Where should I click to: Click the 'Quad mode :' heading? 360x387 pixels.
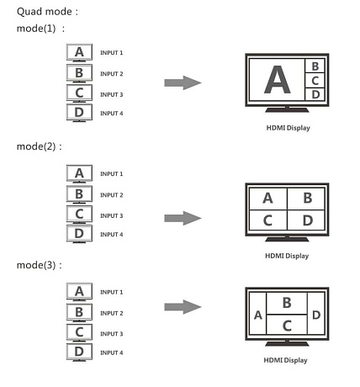coord(47,12)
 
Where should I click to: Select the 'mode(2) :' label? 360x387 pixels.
coord(39,146)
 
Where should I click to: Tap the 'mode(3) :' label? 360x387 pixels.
coord(39,265)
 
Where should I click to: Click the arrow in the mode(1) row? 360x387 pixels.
coord(183,82)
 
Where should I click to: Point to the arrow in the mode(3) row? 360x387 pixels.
coord(183,307)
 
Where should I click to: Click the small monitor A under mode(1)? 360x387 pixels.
coord(79,52)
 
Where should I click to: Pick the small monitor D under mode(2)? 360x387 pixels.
coord(79,234)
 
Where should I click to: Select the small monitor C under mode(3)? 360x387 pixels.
coord(79,332)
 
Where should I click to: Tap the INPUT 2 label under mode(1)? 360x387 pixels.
coord(112,74)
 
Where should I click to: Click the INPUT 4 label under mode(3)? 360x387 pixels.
coord(112,353)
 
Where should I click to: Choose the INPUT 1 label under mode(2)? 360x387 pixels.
coord(112,174)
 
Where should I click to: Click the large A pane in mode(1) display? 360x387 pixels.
coord(277,80)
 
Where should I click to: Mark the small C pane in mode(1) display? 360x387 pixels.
coord(315,81)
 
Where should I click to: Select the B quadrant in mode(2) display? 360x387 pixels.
coord(306,199)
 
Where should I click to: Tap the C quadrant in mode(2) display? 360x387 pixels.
coord(268,220)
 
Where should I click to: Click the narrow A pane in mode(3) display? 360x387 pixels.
coord(258,315)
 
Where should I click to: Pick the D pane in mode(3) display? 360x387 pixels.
coord(316,315)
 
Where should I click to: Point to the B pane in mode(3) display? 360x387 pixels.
coord(287,303)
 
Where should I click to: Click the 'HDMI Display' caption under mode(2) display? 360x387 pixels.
coord(287,256)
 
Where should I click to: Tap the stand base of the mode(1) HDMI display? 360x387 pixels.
coord(287,110)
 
